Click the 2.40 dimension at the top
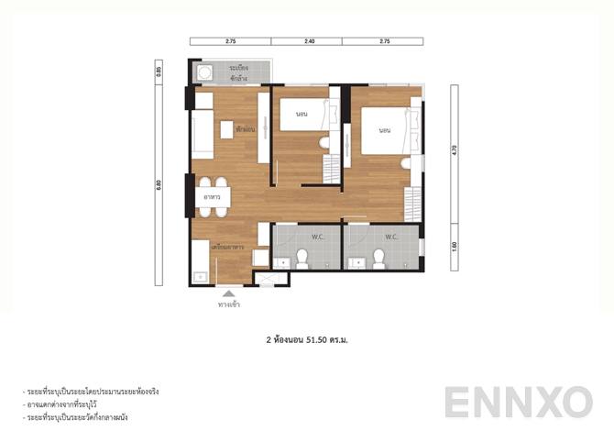tap(310, 41)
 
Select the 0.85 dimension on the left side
tap(159, 71)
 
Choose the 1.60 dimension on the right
tap(454, 247)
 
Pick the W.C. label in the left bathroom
tap(318, 237)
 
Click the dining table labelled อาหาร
tap(218, 195)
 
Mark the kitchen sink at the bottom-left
tap(199, 273)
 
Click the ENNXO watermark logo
tap(518, 403)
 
